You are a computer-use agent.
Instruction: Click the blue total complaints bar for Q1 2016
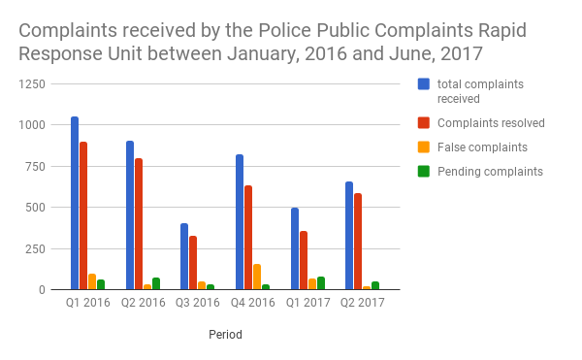coord(75,204)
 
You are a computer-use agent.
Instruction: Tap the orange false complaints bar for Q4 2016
coord(257,277)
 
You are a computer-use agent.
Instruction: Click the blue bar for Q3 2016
coord(184,256)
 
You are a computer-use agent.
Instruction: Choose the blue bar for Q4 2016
coord(239,222)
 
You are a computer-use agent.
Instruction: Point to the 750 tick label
coord(36,167)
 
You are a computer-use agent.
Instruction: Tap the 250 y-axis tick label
coord(36,248)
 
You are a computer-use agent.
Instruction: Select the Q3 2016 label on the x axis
coord(197,303)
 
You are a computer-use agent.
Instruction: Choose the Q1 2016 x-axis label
coord(87,303)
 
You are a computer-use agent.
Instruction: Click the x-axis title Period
coord(225,335)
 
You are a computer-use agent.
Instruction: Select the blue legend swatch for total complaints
coord(424,84)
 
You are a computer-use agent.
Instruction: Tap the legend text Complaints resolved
coord(491,122)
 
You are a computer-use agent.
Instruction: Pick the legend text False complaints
coord(482,147)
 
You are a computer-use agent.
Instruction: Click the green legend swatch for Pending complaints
coord(424,171)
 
